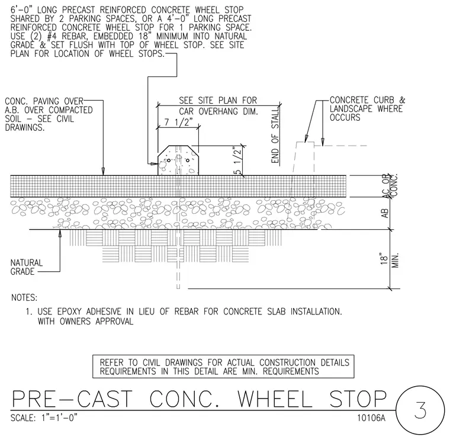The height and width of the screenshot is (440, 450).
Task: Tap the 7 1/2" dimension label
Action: point(178,123)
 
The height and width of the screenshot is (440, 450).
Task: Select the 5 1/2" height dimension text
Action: point(238,160)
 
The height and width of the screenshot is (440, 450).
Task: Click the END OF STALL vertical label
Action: point(275,136)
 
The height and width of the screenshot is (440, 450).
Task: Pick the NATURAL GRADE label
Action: point(27,267)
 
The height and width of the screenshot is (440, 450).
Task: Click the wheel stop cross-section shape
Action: point(178,160)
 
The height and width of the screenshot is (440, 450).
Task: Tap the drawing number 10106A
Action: point(371,417)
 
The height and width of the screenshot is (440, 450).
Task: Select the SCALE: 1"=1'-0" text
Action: point(44,417)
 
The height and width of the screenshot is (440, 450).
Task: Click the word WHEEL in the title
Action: point(275,399)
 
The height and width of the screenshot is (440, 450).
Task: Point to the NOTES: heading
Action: point(24,298)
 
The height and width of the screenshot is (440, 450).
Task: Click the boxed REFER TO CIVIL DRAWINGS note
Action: point(223,367)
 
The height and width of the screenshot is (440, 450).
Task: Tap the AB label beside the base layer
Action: point(385,213)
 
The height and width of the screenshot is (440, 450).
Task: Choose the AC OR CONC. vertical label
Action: point(390,185)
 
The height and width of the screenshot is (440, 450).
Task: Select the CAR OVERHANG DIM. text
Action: point(218,111)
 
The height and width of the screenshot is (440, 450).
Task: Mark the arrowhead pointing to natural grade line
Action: point(60,233)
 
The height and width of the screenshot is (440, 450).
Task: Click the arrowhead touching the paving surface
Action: point(103,172)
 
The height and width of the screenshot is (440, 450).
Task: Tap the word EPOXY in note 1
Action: point(70,311)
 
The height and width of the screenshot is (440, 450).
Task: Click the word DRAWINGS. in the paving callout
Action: point(25,127)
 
